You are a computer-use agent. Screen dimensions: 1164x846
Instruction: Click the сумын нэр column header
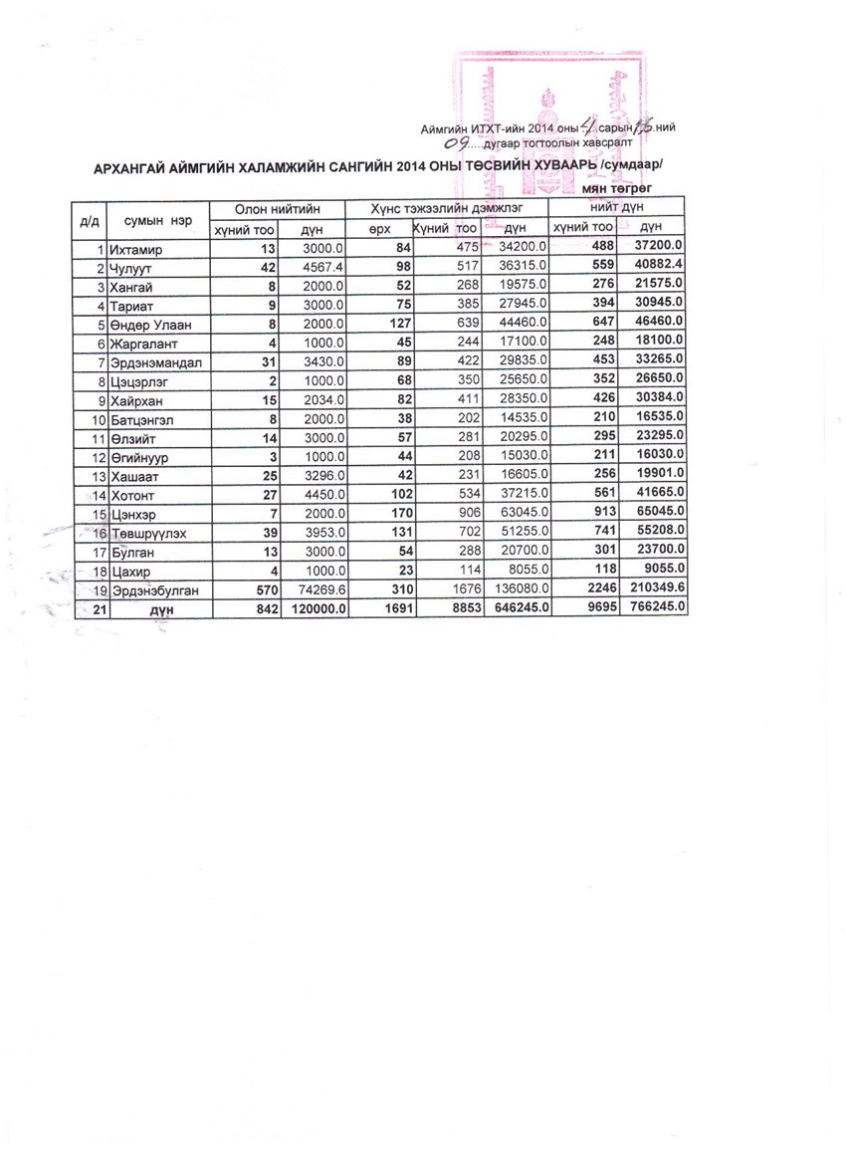(x=158, y=218)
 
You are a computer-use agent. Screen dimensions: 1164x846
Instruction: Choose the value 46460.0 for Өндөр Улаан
(x=659, y=324)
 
